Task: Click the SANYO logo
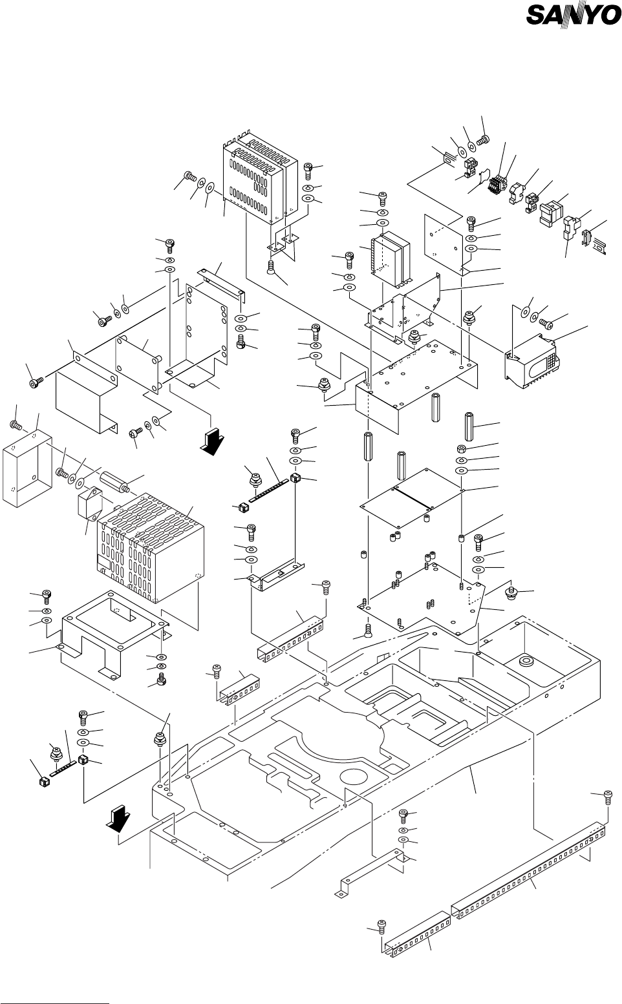click(573, 16)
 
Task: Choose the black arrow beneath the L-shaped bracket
click(211, 444)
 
